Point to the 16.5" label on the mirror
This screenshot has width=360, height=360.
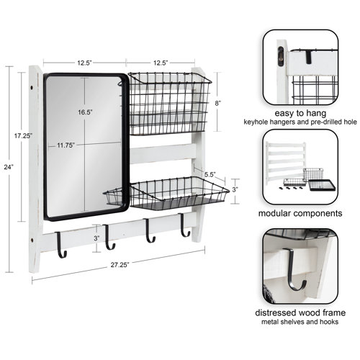pos(87,112)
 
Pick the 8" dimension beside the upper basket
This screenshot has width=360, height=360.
pos(218,104)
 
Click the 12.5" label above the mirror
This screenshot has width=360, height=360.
pos(84,63)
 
